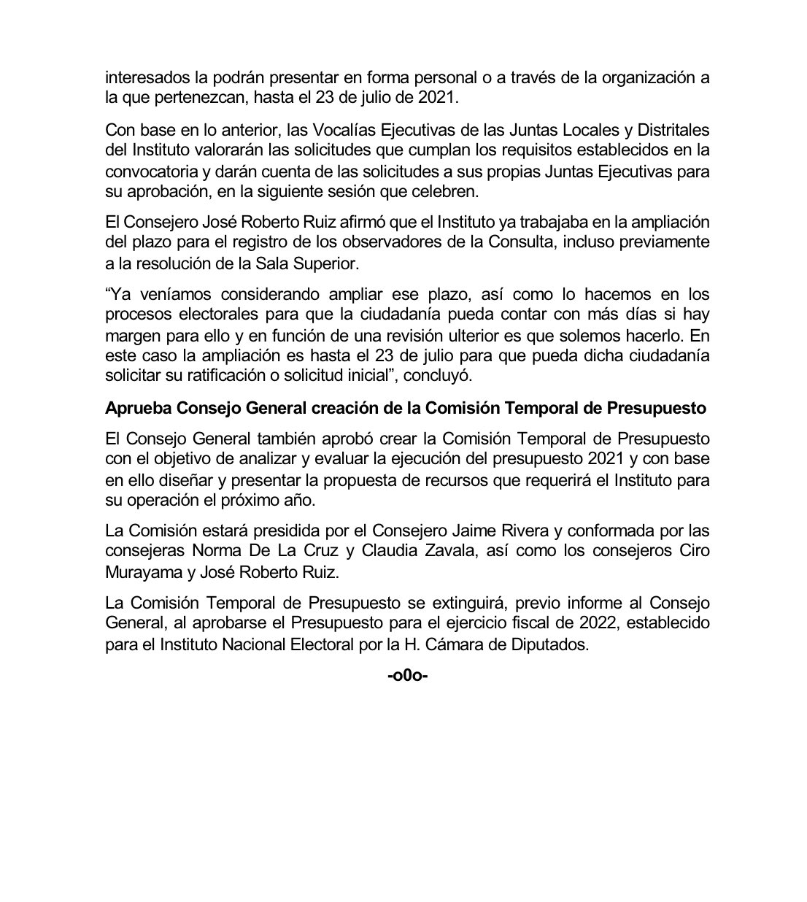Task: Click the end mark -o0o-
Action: pyautogui.click(x=407, y=675)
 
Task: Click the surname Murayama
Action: pyautogui.click(x=142, y=572)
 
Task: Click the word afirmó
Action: pyautogui.click(x=337, y=221)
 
